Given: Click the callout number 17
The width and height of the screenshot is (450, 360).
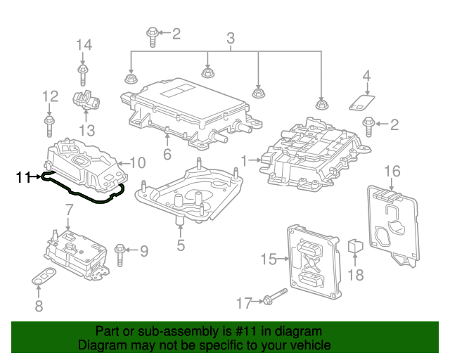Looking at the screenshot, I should [243, 303].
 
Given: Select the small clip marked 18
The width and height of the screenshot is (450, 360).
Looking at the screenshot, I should [356, 247].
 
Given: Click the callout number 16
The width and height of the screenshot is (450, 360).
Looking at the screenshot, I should [392, 171].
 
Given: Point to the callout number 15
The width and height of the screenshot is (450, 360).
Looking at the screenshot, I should [269, 259].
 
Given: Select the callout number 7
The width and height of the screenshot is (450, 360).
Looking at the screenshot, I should [69, 209].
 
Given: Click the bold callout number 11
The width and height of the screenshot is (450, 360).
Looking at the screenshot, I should [23, 178].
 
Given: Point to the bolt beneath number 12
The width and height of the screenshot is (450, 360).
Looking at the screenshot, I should [49, 127].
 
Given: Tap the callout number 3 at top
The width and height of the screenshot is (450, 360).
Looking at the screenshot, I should [230, 37].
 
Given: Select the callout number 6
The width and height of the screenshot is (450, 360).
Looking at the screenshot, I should [167, 155].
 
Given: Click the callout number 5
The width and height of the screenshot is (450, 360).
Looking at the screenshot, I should [181, 245].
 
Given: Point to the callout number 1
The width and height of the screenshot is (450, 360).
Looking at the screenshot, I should [245, 162].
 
